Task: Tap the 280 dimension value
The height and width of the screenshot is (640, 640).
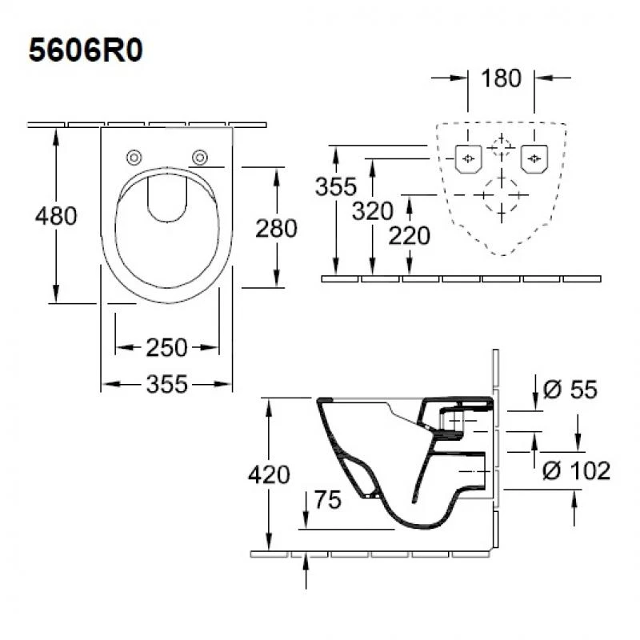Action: click(x=276, y=228)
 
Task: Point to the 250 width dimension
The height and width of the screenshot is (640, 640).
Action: click(x=166, y=347)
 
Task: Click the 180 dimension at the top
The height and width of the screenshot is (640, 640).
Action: click(x=501, y=78)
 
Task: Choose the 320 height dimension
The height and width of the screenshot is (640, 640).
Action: click(x=372, y=211)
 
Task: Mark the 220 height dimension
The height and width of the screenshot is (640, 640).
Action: click(x=409, y=235)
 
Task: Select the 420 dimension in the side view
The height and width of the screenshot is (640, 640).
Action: click(x=268, y=474)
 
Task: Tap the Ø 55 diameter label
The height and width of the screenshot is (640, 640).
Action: click(x=570, y=390)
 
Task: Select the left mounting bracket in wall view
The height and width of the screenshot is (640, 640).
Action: click(x=467, y=158)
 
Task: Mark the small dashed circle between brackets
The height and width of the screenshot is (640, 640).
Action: click(x=501, y=148)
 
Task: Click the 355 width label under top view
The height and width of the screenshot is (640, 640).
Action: click(x=167, y=385)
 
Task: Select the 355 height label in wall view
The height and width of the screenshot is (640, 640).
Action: click(x=335, y=187)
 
